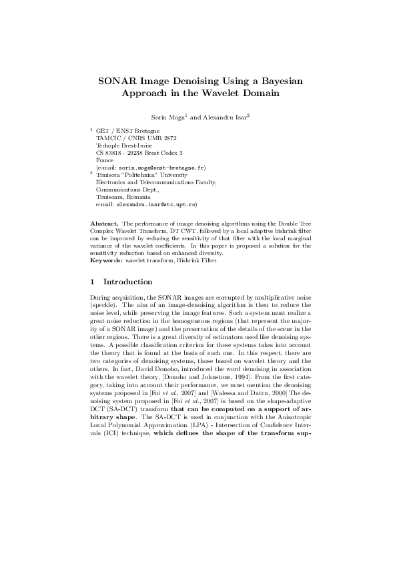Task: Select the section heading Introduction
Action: click(x=128, y=282)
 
